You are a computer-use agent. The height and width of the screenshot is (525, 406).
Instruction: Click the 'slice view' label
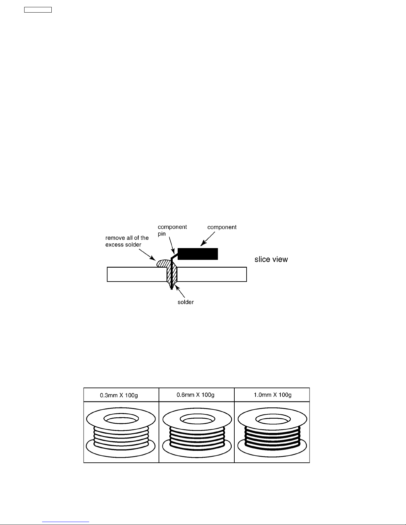coord(271,259)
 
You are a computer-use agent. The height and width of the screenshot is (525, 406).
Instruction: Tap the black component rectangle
coord(198,254)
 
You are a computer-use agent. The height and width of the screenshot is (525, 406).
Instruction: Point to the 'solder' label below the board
coord(186,302)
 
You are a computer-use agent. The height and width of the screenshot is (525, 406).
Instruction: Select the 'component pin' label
coord(172,231)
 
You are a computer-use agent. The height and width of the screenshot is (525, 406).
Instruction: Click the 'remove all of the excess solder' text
coord(127,241)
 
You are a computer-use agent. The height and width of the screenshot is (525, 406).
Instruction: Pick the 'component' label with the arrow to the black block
coord(222,227)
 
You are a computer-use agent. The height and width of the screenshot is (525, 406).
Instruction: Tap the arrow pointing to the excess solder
coord(147,255)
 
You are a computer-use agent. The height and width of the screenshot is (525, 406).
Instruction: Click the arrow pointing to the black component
coord(207,239)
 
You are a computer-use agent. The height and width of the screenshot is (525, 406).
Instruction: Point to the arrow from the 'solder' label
coord(180,291)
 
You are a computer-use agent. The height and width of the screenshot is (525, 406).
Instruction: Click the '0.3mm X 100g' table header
coord(119,395)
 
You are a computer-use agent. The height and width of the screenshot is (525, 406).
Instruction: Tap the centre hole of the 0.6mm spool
coord(198,419)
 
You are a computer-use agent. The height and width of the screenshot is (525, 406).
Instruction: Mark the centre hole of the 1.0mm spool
coord(273,419)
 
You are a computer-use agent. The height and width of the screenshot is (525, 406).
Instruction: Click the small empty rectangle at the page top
coord(38,10)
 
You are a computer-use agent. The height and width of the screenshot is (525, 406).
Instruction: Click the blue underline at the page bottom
coord(66,521)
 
